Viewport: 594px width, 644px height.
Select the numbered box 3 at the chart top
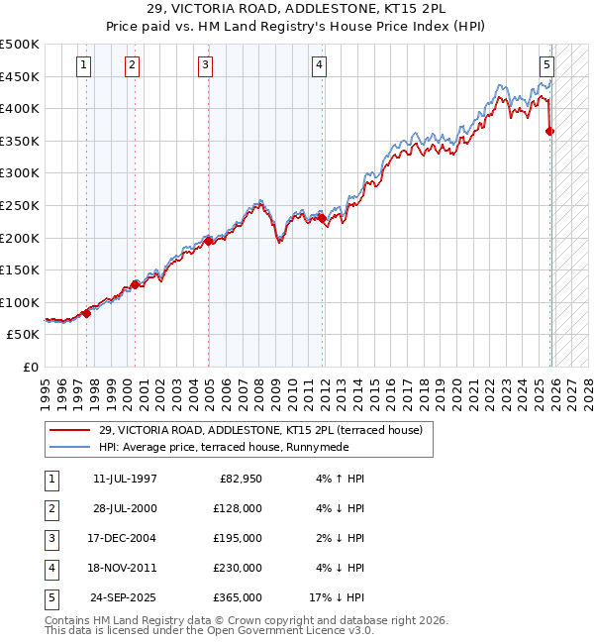tap(205, 66)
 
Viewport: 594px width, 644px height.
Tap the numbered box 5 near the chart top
tap(546, 66)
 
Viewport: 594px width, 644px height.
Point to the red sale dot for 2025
tap(550, 131)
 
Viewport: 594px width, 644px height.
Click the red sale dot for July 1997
tap(86, 313)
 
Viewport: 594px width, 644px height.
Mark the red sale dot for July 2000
tap(135, 284)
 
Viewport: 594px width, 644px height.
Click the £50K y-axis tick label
tap(24, 335)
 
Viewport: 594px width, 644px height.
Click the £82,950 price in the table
tap(238, 479)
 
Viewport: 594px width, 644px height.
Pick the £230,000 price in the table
tap(238, 568)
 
